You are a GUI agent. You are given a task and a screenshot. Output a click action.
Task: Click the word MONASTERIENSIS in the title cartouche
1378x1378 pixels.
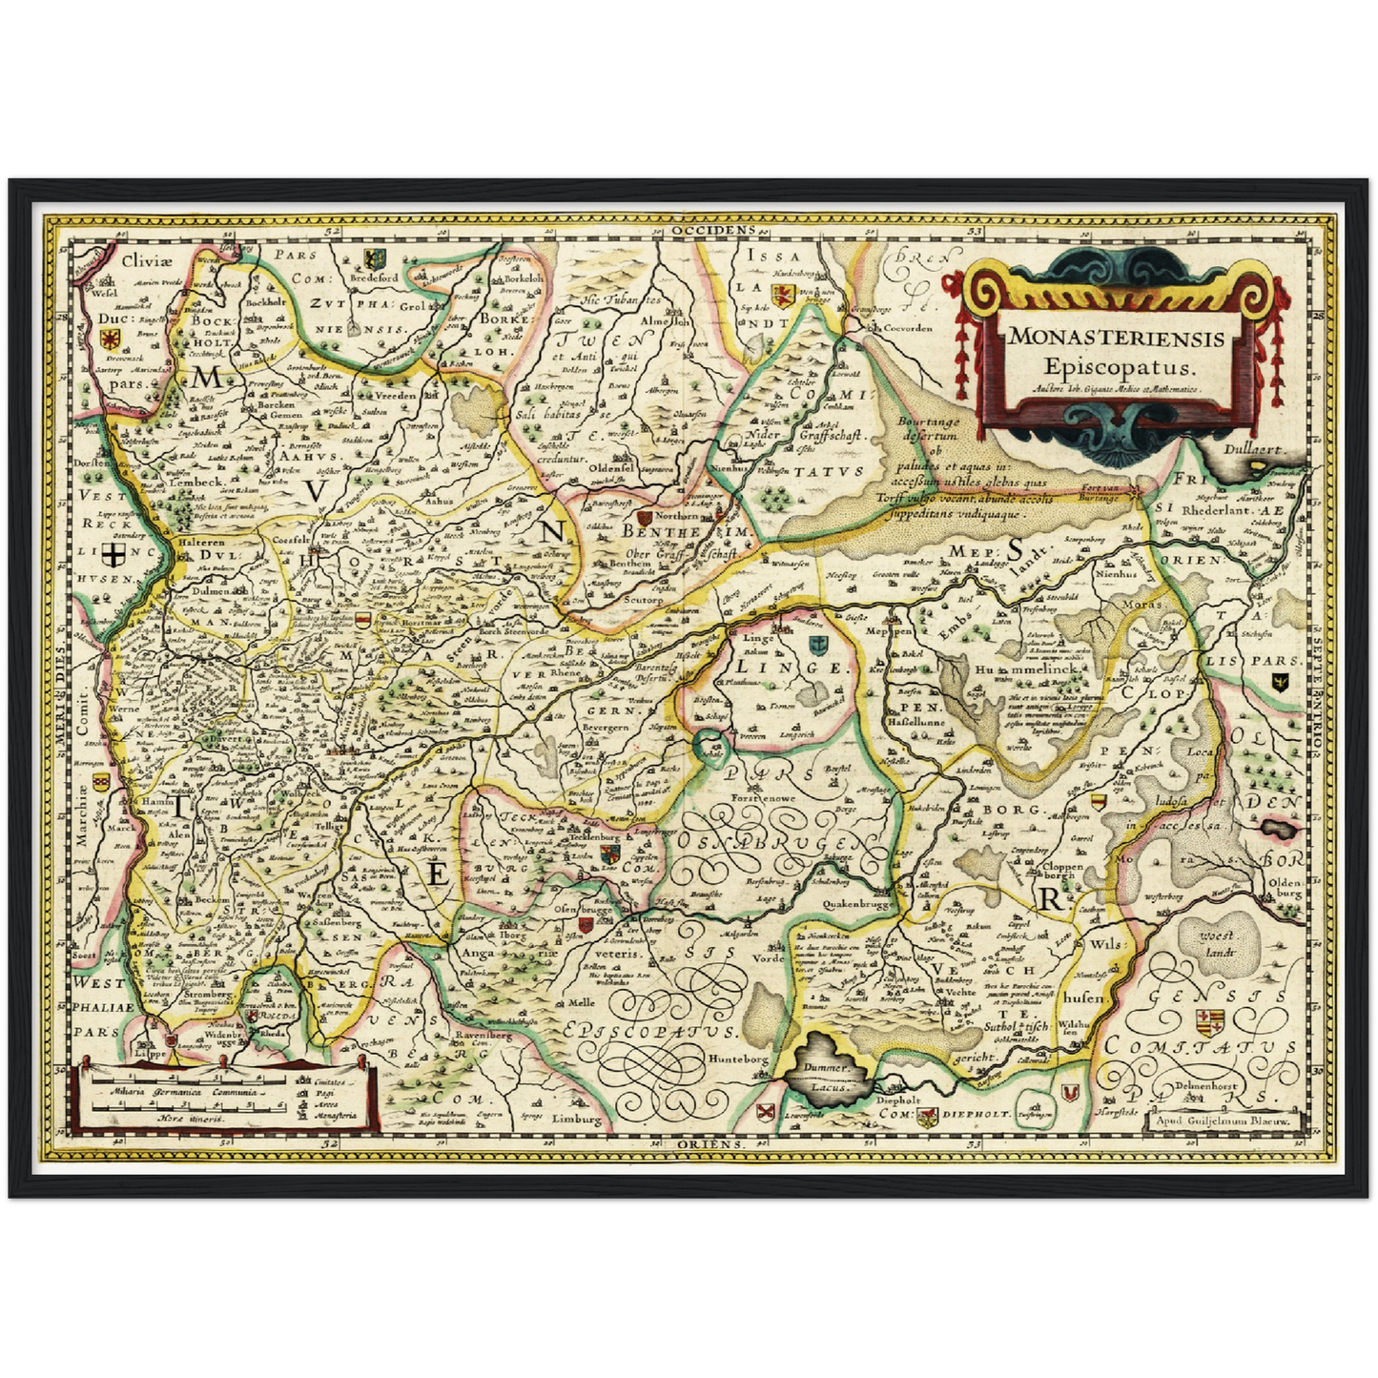coord(1117,338)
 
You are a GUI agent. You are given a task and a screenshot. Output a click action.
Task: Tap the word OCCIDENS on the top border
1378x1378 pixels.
coord(711,231)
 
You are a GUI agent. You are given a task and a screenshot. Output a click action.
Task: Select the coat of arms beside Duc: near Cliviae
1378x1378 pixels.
coord(111,339)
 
